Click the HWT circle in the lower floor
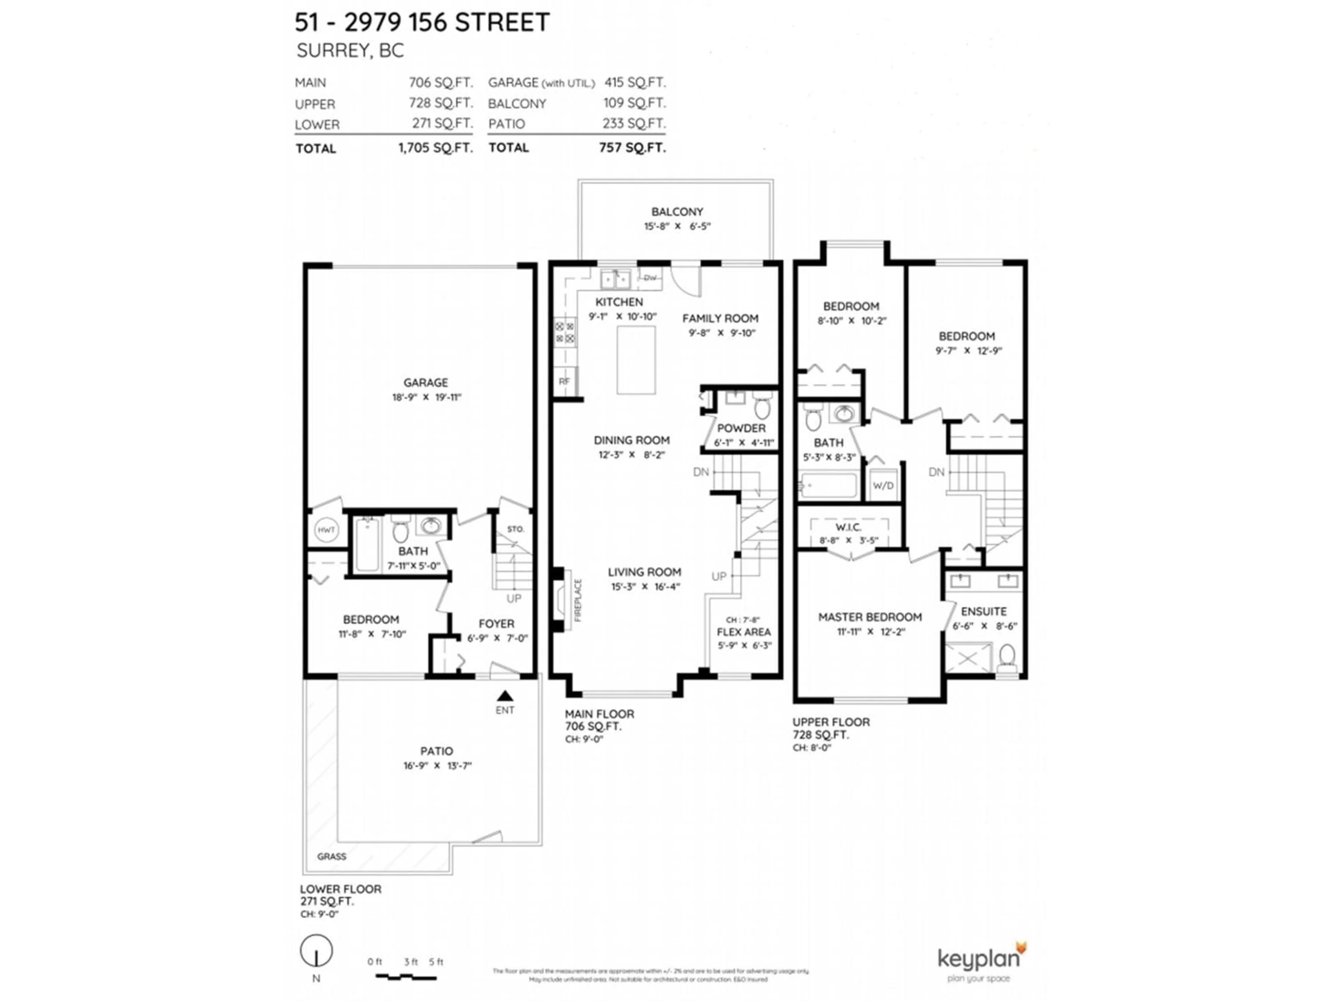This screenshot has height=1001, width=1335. (326, 530)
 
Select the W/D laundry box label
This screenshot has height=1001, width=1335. (883, 485)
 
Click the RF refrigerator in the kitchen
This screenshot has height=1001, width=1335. (564, 381)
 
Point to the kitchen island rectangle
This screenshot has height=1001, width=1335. (636, 360)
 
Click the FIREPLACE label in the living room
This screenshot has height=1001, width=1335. (578, 600)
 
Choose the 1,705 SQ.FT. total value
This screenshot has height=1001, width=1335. (435, 148)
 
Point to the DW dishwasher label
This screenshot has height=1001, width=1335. (650, 278)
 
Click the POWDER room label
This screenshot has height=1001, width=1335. (741, 428)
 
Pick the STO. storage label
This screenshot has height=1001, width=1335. (516, 529)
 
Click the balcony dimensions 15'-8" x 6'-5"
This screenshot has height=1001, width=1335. (677, 226)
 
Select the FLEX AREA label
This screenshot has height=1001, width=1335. (744, 632)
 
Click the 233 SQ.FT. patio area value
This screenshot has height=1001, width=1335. (634, 124)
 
